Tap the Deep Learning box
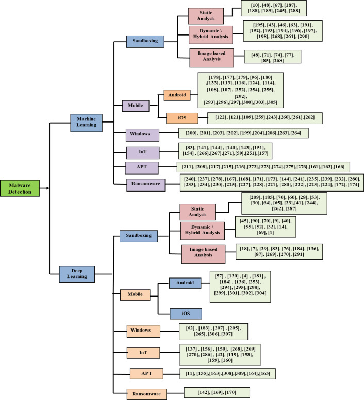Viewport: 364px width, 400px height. click(77, 274)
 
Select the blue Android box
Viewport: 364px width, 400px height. click(185, 283)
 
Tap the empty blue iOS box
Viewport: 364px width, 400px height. click(185, 313)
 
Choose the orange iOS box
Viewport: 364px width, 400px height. click(182, 118)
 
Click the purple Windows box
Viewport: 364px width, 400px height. click(141, 135)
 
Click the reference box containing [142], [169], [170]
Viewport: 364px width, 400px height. click(217, 393)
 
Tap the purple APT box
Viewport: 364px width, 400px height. click(140, 168)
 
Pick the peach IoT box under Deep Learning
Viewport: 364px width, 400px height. click(143, 353)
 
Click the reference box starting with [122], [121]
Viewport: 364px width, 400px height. click(264, 118)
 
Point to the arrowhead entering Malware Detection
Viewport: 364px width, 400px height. click(47, 188)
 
